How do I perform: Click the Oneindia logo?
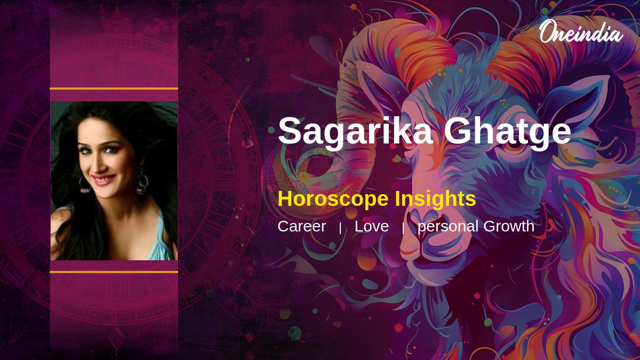[581, 31]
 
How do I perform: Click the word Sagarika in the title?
[355, 131]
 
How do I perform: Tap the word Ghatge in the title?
[507, 131]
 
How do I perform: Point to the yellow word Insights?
[435, 198]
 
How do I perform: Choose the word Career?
[302, 226]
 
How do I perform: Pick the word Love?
[371, 226]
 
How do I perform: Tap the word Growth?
[509, 226]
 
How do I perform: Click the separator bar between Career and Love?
[340, 228]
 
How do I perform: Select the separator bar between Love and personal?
[403, 228]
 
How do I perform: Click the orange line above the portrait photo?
[114, 89]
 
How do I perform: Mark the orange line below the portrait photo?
[114, 272]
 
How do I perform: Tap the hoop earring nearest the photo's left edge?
[84, 185]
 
